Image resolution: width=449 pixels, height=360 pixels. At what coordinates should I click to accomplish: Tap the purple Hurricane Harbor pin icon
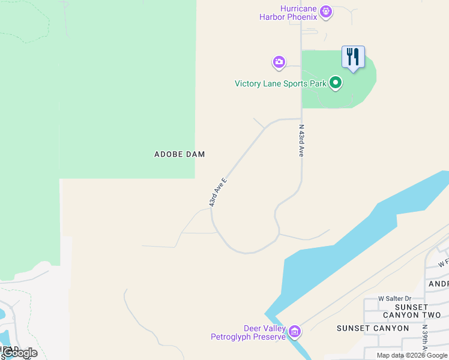[326, 10]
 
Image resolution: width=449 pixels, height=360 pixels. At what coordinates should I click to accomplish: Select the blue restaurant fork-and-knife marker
[353, 58]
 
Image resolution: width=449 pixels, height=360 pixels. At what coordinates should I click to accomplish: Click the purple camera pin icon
[279, 61]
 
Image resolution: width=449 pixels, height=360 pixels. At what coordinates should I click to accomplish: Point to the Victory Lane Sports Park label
[280, 83]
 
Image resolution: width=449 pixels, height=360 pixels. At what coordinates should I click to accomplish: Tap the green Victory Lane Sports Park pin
[336, 83]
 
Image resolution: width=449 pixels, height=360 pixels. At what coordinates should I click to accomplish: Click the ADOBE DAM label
[179, 154]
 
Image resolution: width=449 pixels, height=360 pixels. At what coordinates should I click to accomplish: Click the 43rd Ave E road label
[218, 192]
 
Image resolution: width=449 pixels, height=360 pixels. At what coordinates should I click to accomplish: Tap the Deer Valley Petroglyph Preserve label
[247, 332]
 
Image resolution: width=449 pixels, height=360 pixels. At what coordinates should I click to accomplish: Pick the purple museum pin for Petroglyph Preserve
[294, 331]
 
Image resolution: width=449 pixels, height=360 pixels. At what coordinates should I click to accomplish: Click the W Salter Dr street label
[394, 298]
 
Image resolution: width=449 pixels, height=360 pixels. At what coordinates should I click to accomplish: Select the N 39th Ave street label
[424, 341]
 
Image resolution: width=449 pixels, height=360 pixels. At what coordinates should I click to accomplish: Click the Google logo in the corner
[19, 353]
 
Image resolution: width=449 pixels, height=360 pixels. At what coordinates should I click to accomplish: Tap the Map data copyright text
[412, 355]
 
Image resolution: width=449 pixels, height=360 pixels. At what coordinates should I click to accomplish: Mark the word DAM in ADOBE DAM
[195, 154]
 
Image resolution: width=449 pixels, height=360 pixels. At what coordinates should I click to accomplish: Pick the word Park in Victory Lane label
[318, 83]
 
